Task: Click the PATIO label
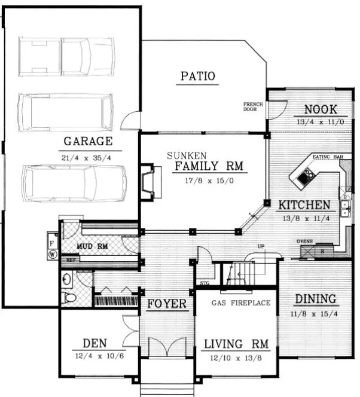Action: tap(197, 76)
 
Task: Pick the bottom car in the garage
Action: tap(74, 185)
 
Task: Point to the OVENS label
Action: tap(306, 242)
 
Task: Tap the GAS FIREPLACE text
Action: tap(241, 303)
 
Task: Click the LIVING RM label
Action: tap(236, 344)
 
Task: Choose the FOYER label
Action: tap(167, 304)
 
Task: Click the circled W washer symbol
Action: tap(53, 254)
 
